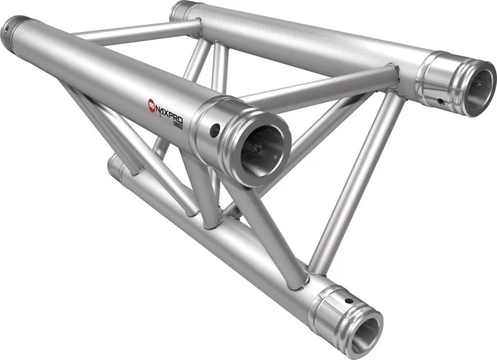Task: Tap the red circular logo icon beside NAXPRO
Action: point(152,105)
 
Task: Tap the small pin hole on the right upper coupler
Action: point(441,101)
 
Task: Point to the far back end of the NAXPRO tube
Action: point(14,28)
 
